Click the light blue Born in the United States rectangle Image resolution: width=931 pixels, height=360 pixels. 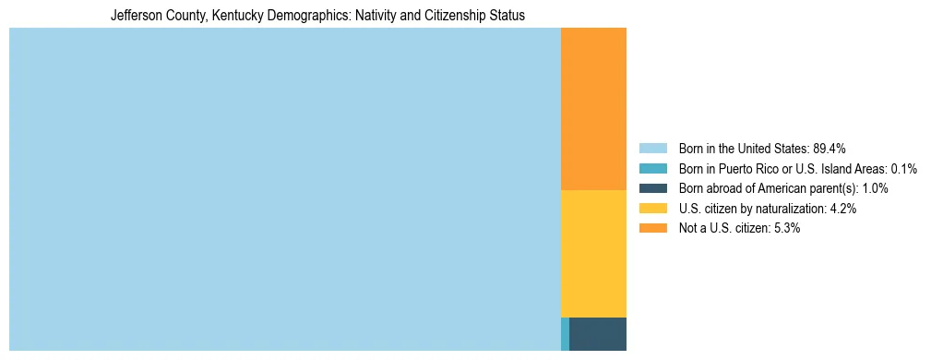click(284, 189)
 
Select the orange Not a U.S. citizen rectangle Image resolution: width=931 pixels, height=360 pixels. click(593, 109)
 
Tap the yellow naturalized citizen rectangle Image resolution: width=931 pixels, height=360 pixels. click(593, 254)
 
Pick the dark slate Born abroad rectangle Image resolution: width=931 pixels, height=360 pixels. click(598, 334)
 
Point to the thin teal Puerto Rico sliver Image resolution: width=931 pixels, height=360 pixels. click(565, 334)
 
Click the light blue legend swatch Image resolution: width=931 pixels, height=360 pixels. click(653, 148)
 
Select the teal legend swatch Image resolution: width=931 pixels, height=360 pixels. click(653, 168)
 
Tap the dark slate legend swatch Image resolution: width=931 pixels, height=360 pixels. click(653, 188)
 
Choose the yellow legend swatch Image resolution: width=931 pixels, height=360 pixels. click(653, 209)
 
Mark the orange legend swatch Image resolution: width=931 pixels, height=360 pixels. click(653, 228)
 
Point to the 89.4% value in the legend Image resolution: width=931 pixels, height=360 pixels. click(830, 148)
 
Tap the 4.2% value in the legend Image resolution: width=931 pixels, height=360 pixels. click(843, 209)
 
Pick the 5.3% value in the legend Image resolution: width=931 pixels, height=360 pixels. click(786, 228)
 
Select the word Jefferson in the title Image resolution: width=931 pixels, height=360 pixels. click(134, 16)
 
